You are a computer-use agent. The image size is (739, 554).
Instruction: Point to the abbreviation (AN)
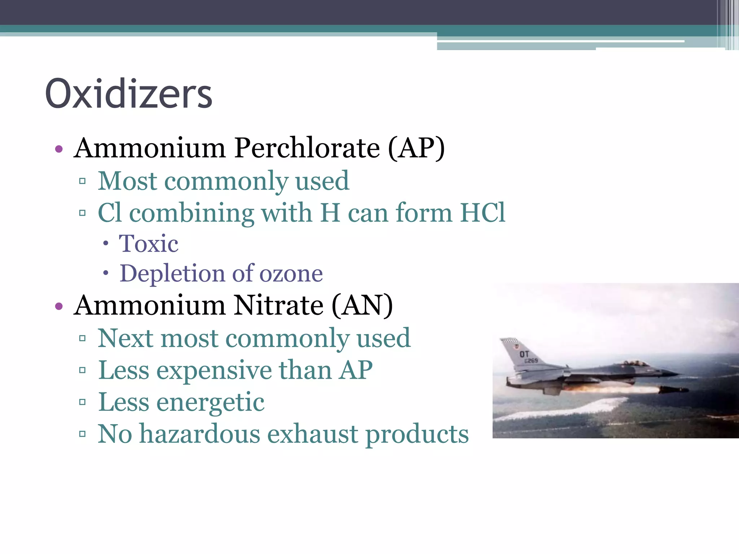tap(362, 305)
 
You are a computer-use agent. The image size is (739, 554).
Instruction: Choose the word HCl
tap(483, 212)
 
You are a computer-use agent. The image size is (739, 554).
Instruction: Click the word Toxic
tap(149, 243)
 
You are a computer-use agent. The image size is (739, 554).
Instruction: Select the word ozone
tap(291, 273)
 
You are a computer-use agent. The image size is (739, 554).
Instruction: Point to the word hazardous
tap(200, 434)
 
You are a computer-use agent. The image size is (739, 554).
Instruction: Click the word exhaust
tap(312, 434)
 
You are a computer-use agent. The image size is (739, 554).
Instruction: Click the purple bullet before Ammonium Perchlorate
tap(59, 149)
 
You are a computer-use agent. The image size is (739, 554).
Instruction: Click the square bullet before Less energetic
tap(82, 402)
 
